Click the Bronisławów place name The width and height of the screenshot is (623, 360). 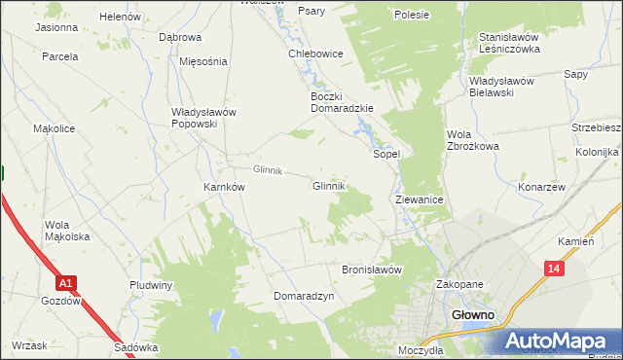(x=372, y=270)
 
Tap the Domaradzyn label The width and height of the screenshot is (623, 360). (x=304, y=295)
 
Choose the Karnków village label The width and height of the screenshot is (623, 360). (x=223, y=187)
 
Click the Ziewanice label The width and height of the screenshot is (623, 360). (x=420, y=198)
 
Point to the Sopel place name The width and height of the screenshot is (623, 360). (x=387, y=154)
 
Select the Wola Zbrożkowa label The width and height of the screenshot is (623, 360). (x=472, y=140)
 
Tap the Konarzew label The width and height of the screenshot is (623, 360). (x=542, y=187)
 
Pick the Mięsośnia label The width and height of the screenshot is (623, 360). (x=203, y=60)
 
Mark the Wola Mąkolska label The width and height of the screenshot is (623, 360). (x=67, y=231)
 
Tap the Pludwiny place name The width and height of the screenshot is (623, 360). (x=151, y=285)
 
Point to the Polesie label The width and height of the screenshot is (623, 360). (x=412, y=16)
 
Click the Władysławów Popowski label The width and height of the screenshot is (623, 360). (x=203, y=118)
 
